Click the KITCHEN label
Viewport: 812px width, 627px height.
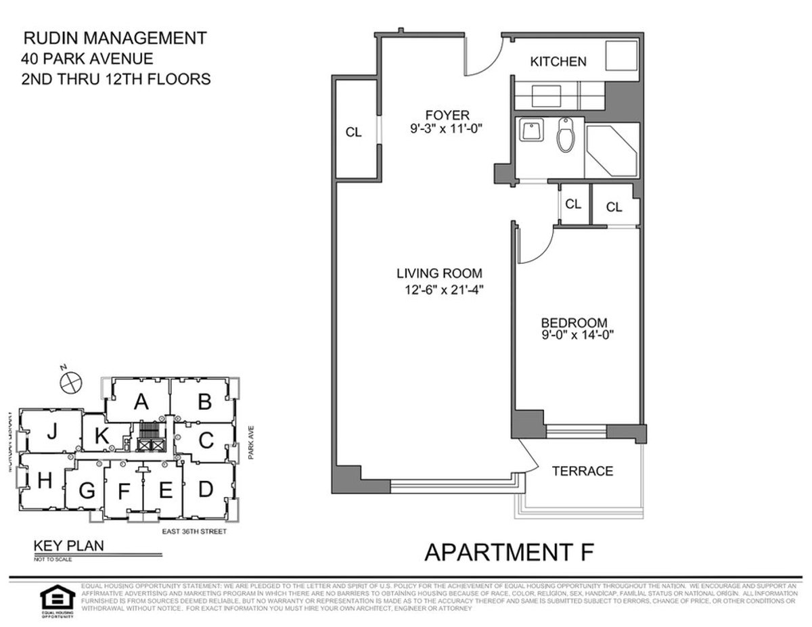tap(558, 62)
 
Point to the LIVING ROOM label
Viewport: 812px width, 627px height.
tap(439, 273)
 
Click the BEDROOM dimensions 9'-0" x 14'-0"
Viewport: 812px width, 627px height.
tap(577, 333)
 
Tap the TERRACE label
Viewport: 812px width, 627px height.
tap(583, 471)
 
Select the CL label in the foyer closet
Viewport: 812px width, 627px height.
tap(353, 133)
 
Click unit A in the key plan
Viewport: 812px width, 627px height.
tap(141, 402)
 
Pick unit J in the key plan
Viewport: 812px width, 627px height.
tap(51, 433)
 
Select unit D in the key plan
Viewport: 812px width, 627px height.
tap(206, 487)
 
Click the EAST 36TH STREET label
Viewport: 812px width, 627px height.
tap(194, 532)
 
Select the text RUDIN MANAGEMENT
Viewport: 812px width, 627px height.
tap(115, 38)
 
